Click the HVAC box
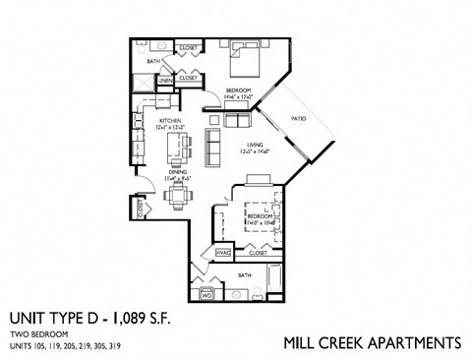click(x=222, y=253)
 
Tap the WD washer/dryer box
click(x=207, y=292)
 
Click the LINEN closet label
click(x=164, y=80)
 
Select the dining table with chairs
click(x=177, y=195)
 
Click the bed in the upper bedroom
click(x=242, y=62)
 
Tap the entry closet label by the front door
click(x=142, y=210)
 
